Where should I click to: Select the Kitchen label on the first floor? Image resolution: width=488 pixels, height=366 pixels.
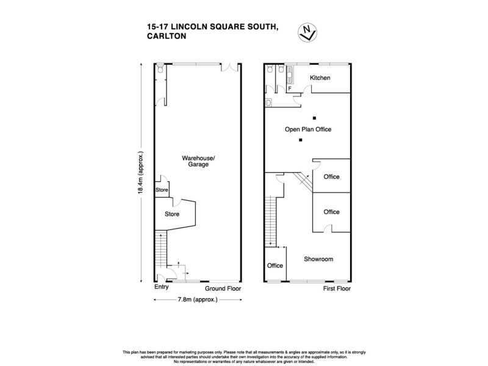point(320,78)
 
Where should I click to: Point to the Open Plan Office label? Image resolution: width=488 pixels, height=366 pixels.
point(308,129)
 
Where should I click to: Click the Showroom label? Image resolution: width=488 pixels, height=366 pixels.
point(318,259)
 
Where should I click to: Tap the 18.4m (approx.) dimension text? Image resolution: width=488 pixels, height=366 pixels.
point(141,173)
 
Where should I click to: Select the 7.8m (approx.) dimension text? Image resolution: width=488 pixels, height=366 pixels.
point(198,300)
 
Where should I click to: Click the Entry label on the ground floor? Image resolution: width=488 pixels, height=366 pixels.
point(161,287)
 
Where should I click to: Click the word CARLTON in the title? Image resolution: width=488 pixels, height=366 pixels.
point(167,36)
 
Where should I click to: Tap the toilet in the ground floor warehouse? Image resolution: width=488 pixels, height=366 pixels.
point(159,70)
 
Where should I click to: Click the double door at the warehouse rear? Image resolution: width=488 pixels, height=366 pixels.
point(229,67)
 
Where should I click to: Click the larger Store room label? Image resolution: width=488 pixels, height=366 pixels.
point(171,214)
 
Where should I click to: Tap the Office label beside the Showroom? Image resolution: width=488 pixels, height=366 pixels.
point(274,265)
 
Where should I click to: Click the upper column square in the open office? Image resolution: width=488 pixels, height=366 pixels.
point(314,117)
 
